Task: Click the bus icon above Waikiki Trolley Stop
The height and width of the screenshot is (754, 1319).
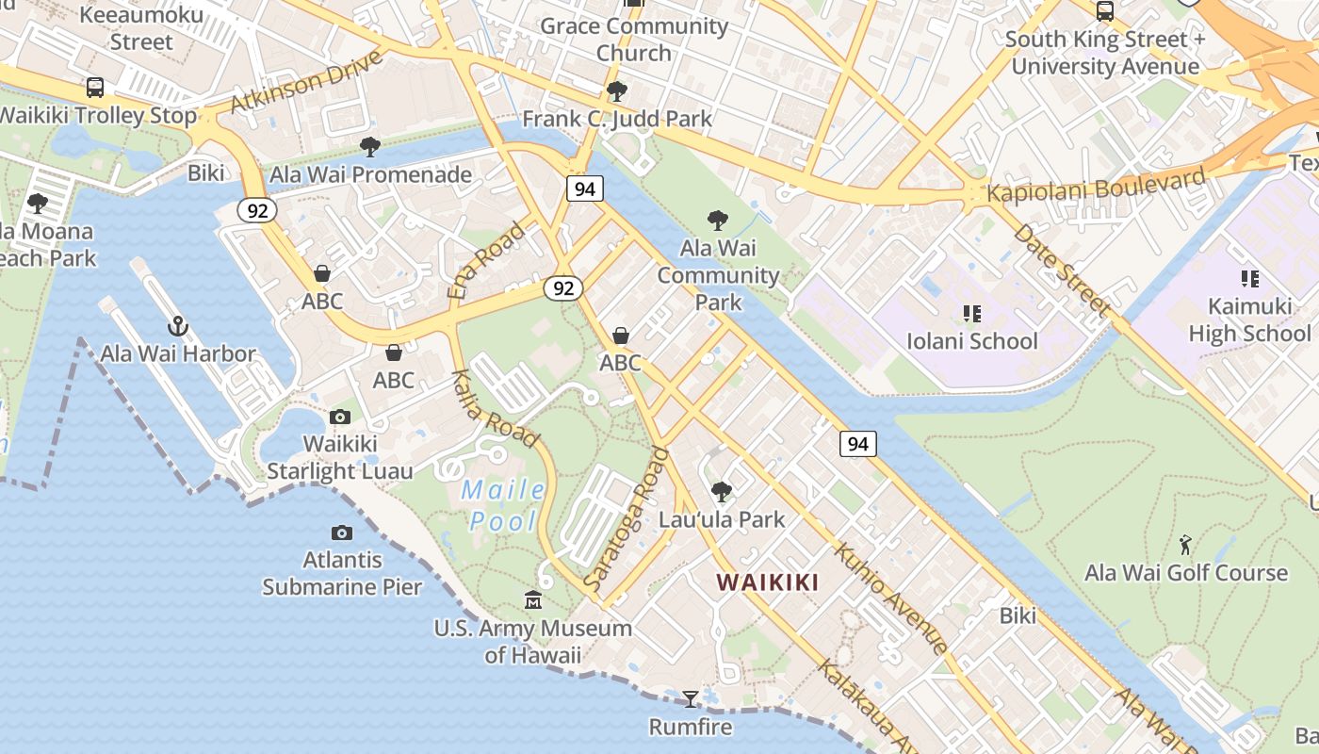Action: pos(94,88)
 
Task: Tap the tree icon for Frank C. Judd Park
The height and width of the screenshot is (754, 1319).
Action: pos(617,91)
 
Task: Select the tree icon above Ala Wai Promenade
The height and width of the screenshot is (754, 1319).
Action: pos(370,147)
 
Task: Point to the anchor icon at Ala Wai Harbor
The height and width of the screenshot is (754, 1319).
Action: pos(178,327)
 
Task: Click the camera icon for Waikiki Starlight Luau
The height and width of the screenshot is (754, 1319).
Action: pos(340,417)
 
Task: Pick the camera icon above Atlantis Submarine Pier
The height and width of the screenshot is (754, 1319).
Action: pos(342,533)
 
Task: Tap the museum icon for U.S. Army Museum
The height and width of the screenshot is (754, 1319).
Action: pos(533,600)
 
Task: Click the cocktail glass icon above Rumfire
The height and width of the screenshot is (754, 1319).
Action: pos(691,698)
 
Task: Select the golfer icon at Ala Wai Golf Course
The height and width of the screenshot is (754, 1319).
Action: pos(1185,545)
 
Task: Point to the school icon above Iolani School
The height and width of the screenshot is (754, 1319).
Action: pos(971,313)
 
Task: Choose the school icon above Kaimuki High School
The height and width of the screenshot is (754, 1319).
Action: pos(1249,279)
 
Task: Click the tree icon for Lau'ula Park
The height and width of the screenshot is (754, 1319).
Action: pos(722,491)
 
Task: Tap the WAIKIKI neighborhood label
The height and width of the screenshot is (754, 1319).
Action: pos(767,582)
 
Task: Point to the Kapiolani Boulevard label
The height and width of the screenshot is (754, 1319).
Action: pos(1096,186)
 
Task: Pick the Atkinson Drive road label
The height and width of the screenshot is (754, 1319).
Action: pos(306,81)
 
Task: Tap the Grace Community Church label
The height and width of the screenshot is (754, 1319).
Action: pos(634,39)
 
